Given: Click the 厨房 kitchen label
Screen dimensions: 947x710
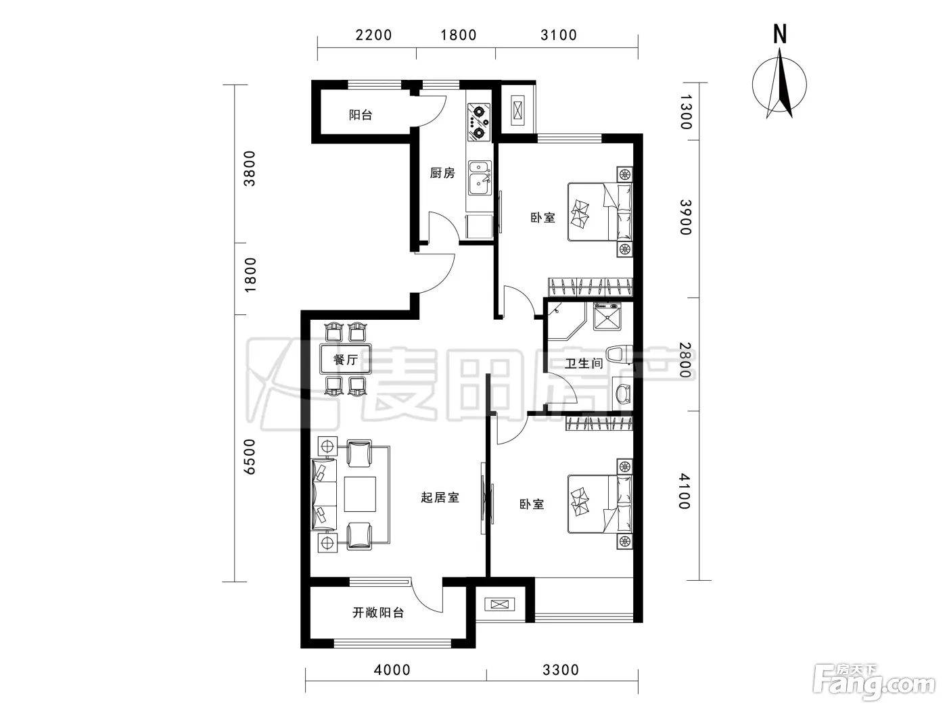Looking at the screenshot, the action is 442,173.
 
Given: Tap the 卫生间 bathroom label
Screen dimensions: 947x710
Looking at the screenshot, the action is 583,363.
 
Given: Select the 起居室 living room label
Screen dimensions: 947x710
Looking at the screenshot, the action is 440,498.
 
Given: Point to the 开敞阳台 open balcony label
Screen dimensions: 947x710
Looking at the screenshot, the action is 378,612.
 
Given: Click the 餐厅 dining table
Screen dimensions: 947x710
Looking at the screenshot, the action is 345,359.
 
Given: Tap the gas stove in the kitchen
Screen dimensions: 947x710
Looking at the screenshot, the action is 479,122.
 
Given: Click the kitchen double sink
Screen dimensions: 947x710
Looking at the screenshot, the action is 479,178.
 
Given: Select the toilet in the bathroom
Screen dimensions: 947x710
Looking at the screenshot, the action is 618,354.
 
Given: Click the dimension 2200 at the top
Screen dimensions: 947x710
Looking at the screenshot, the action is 373,35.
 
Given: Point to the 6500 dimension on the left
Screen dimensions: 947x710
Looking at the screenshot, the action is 250,456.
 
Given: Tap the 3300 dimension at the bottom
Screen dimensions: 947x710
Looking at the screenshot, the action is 561,669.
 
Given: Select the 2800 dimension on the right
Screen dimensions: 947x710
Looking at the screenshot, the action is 685,360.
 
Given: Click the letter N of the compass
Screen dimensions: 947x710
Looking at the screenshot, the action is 780,34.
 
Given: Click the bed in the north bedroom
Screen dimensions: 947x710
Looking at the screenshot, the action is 600,212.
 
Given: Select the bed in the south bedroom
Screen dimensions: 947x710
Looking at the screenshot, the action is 600,504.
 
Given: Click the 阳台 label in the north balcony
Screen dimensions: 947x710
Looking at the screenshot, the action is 361,115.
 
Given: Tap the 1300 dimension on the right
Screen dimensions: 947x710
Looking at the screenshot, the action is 685,112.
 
